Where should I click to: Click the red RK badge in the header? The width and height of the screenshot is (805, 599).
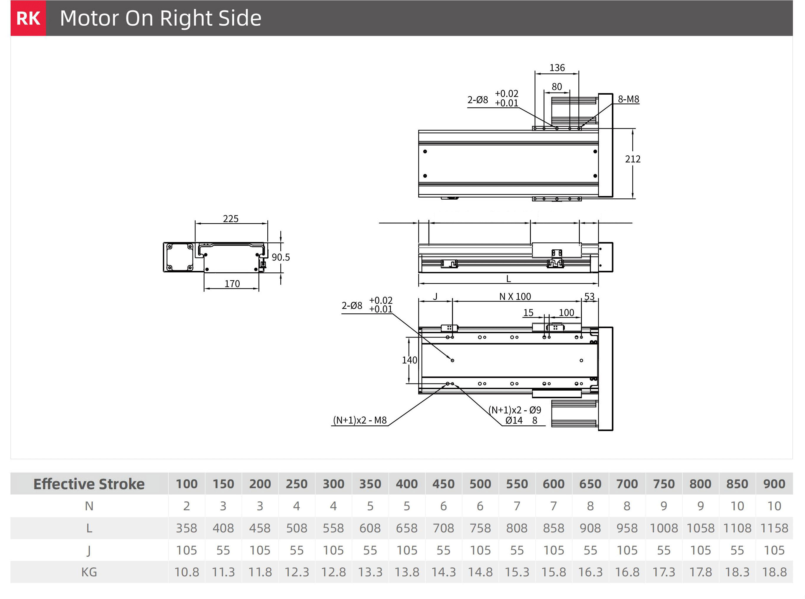[28, 18]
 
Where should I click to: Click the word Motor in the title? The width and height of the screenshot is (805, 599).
[90, 18]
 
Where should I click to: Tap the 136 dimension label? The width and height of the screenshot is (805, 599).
[557, 68]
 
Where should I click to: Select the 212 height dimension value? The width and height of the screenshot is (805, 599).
[633, 159]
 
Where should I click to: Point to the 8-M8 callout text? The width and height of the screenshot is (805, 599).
[628, 99]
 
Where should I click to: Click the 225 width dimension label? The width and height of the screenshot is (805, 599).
[231, 219]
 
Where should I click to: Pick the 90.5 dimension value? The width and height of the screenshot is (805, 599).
[281, 257]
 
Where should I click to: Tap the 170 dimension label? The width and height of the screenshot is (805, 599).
[232, 284]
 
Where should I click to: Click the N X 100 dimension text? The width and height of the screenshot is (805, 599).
[515, 297]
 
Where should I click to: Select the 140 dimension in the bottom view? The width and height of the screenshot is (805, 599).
[409, 360]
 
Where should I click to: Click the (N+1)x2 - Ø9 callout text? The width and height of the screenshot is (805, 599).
[515, 410]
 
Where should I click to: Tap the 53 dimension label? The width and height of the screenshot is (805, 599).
[589, 297]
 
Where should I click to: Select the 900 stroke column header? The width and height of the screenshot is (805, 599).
[774, 484]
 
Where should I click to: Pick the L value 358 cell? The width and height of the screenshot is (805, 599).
[186, 528]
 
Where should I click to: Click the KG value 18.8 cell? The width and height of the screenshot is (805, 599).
[774, 572]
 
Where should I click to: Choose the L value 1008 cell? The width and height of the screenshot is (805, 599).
[664, 528]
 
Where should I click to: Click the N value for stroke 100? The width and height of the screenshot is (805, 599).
[186, 506]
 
